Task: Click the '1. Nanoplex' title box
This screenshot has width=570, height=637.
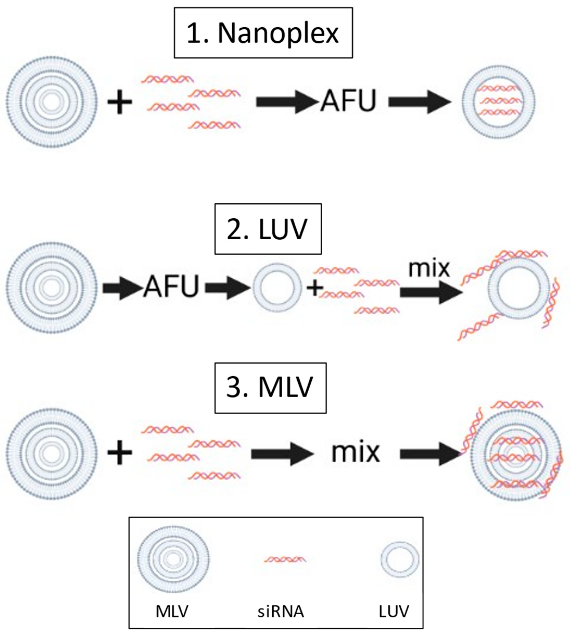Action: point(263,33)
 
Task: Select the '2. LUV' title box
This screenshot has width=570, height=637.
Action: point(268,229)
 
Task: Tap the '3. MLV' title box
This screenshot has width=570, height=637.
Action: point(270,388)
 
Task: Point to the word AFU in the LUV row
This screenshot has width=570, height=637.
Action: point(171,286)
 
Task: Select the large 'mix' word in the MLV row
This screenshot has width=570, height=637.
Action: point(355,453)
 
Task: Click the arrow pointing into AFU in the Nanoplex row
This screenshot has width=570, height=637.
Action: point(286,102)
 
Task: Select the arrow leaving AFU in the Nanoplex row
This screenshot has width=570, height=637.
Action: point(420,102)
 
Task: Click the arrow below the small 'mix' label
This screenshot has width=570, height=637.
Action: point(431,292)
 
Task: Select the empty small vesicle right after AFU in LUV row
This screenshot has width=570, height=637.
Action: point(277,288)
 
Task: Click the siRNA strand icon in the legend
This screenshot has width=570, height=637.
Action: point(284,559)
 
